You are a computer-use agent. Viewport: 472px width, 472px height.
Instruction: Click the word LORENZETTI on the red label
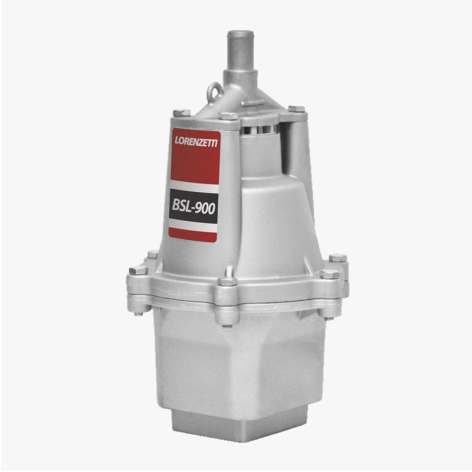tap(196, 142)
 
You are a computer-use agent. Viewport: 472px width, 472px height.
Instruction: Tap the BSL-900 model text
tap(194, 206)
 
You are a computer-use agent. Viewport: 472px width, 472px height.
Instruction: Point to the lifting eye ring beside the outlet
tap(215, 91)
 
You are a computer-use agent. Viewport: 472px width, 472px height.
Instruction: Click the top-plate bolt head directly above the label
tap(182, 113)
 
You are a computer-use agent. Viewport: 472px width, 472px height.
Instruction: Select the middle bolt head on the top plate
tap(228, 116)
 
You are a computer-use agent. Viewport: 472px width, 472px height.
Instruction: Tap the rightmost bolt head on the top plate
tap(297, 109)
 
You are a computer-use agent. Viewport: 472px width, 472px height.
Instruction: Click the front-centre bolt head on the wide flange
tap(227, 281)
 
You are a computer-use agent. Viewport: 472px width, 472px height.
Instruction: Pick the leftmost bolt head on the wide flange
tap(139, 270)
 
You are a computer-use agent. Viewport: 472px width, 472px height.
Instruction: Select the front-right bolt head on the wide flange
tap(330, 274)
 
